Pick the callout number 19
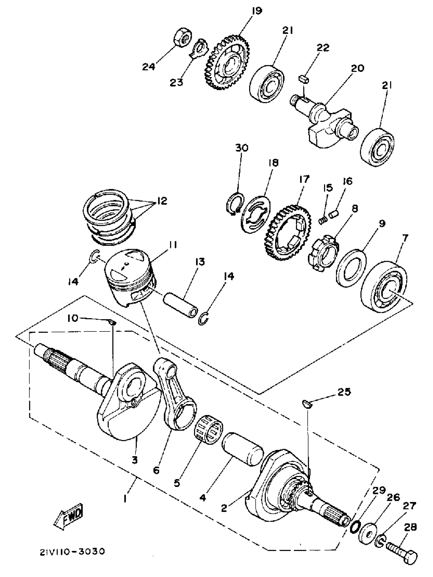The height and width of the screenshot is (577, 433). point(257,11)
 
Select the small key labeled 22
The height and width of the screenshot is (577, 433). point(304,79)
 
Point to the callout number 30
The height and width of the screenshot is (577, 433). point(242,148)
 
